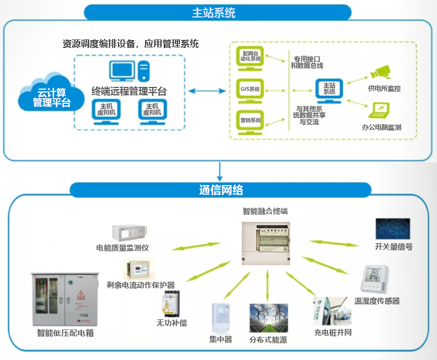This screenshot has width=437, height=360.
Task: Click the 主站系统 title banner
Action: point(218,12)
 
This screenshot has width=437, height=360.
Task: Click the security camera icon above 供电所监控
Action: point(381,72)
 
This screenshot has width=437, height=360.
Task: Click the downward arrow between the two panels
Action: point(220,170)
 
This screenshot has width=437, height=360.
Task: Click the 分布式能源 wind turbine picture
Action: point(269,318)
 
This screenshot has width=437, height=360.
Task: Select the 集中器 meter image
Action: point(221,318)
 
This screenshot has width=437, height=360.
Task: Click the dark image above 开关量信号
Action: point(394,229)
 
